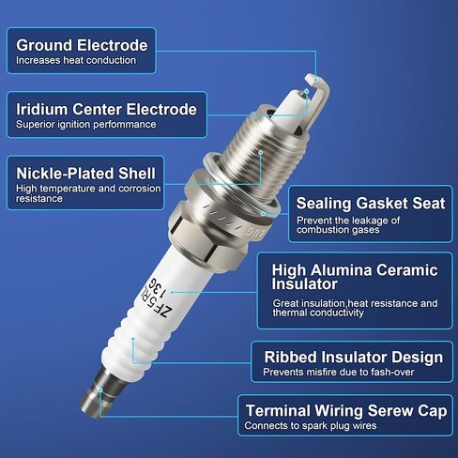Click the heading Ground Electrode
click(x=82, y=45)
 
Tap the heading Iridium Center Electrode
click(x=106, y=110)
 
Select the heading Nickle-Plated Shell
click(x=85, y=174)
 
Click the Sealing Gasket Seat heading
click(x=371, y=204)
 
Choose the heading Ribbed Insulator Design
click(x=354, y=357)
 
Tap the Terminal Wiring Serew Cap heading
click(x=346, y=411)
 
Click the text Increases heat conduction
click(x=76, y=60)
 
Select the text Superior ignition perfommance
click(x=86, y=124)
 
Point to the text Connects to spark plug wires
click(x=311, y=425)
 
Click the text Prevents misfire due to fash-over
click(x=339, y=372)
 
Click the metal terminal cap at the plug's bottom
click(x=101, y=392)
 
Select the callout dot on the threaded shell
click(x=260, y=152)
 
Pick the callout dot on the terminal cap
click(x=100, y=389)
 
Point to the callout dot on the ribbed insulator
click(x=133, y=339)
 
